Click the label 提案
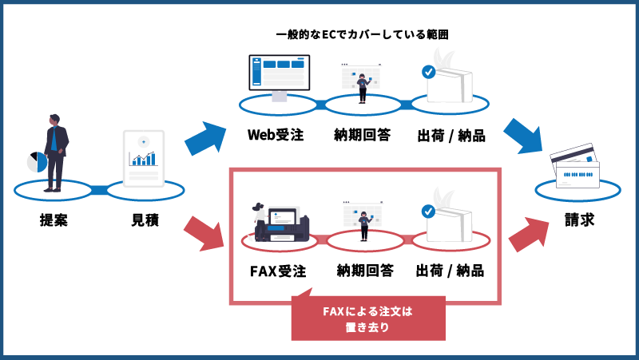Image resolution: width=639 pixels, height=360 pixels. [x=54, y=220]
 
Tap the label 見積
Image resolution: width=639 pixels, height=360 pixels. [x=145, y=220]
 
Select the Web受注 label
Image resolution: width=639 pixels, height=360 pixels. [x=276, y=134]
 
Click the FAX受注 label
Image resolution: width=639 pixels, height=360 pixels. [x=278, y=271]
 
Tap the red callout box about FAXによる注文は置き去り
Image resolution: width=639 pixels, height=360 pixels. [x=367, y=318]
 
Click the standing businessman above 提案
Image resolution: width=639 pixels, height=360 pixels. [x=54, y=152]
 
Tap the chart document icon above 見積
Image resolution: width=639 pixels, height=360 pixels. [x=144, y=157]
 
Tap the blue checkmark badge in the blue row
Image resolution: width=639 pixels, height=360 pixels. [x=428, y=72]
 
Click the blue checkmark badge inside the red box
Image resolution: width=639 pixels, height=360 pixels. [x=428, y=212]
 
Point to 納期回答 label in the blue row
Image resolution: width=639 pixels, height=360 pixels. [x=362, y=134]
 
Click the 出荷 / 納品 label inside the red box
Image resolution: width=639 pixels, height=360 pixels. [x=450, y=271]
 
